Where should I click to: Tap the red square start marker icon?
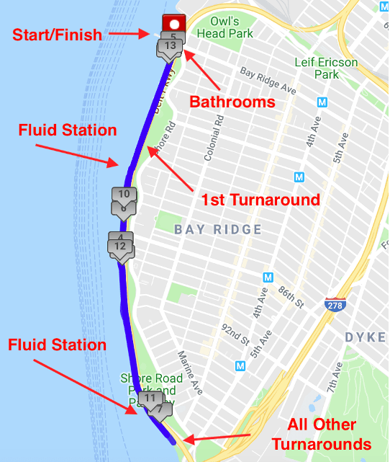(173, 23)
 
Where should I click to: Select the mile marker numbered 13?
(170, 46)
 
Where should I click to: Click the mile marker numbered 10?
(124, 194)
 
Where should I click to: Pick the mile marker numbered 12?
(120, 246)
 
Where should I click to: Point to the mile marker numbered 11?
(150, 398)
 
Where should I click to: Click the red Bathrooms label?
(232, 102)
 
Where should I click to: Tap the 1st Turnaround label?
(260, 199)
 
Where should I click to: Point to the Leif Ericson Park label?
(326, 68)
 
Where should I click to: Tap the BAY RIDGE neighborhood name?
(217, 229)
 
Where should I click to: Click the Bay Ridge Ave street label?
(268, 81)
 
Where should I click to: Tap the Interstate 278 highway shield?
(335, 303)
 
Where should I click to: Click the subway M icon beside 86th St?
(268, 277)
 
